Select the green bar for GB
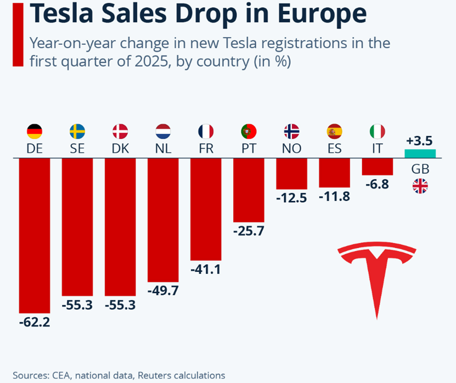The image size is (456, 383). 420,153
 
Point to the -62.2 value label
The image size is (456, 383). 34,323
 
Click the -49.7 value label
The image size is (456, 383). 163,291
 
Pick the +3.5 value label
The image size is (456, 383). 420,140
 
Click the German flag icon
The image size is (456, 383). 35,132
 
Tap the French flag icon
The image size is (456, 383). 206,132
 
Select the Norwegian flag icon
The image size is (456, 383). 291,132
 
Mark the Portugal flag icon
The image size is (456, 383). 249,132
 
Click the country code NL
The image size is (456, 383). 163,148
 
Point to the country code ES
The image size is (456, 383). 334,148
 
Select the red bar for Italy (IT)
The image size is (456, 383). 378,167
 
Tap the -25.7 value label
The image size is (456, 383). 249,231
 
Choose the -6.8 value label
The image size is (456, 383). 377,185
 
